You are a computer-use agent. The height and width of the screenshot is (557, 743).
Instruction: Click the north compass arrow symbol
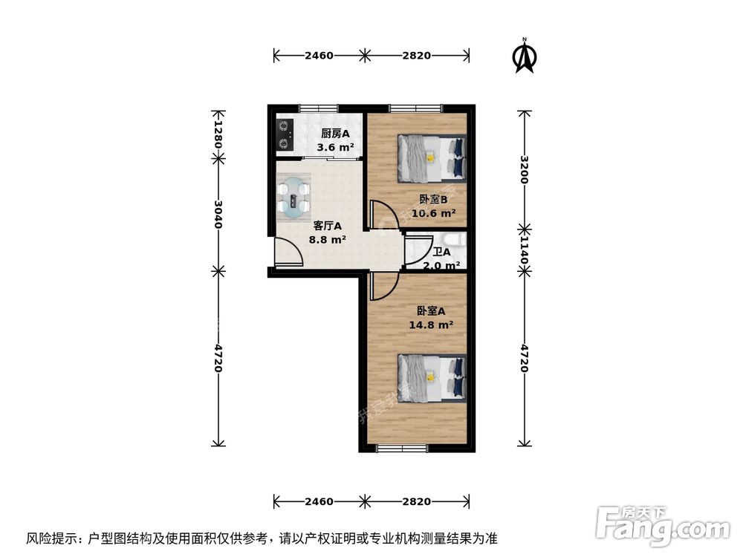pyautogui.click(x=525, y=57)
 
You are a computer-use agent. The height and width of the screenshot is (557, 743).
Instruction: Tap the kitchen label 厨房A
pyautogui.click(x=335, y=134)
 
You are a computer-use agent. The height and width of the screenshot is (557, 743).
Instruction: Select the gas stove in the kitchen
pyautogui.click(x=284, y=134)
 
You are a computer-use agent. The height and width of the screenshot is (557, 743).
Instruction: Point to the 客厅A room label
pyautogui.click(x=327, y=226)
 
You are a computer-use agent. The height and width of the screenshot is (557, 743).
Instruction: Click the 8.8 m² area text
pyautogui.click(x=327, y=239)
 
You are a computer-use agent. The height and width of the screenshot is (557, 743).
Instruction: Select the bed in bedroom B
pyautogui.click(x=432, y=157)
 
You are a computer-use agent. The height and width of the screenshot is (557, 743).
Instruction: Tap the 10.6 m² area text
pyautogui.click(x=432, y=212)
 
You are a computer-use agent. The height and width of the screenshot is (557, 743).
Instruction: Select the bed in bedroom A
pyautogui.click(x=432, y=377)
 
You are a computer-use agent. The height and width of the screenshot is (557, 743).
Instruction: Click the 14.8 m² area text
pyautogui.click(x=431, y=325)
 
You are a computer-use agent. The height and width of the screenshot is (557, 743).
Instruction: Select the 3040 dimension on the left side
pyautogui.click(x=218, y=215)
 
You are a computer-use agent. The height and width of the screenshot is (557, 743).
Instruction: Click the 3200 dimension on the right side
pyautogui.click(x=525, y=170)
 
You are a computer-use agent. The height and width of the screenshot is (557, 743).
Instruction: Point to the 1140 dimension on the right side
pyautogui.click(x=525, y=250)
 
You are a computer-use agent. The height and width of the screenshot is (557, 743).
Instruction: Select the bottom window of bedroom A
pyautogui.click(x=402, y=448)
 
